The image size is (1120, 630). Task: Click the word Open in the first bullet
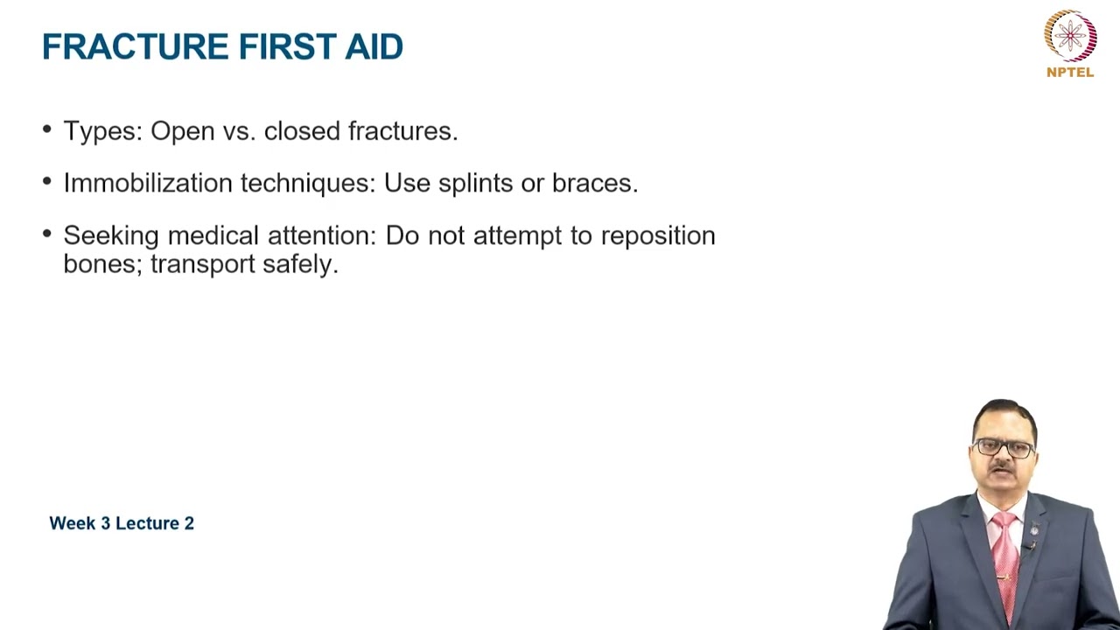[x=182, y=131]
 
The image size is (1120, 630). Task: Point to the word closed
[x=302, y=131]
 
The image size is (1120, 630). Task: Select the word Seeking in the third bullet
[x=111, y=236]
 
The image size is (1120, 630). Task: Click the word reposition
[x=658, y=236]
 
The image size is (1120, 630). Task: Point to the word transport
[x=202, y=264]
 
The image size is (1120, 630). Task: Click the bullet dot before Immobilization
[x=47, y=182]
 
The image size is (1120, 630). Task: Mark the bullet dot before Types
[x=47, y=130]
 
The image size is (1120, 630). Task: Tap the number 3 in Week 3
[x=106, y=523]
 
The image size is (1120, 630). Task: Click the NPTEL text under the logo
[x=1070, y=73]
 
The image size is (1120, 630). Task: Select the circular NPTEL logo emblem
[x=1070, y=36]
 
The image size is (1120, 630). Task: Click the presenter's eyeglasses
[x=1004, y=447]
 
